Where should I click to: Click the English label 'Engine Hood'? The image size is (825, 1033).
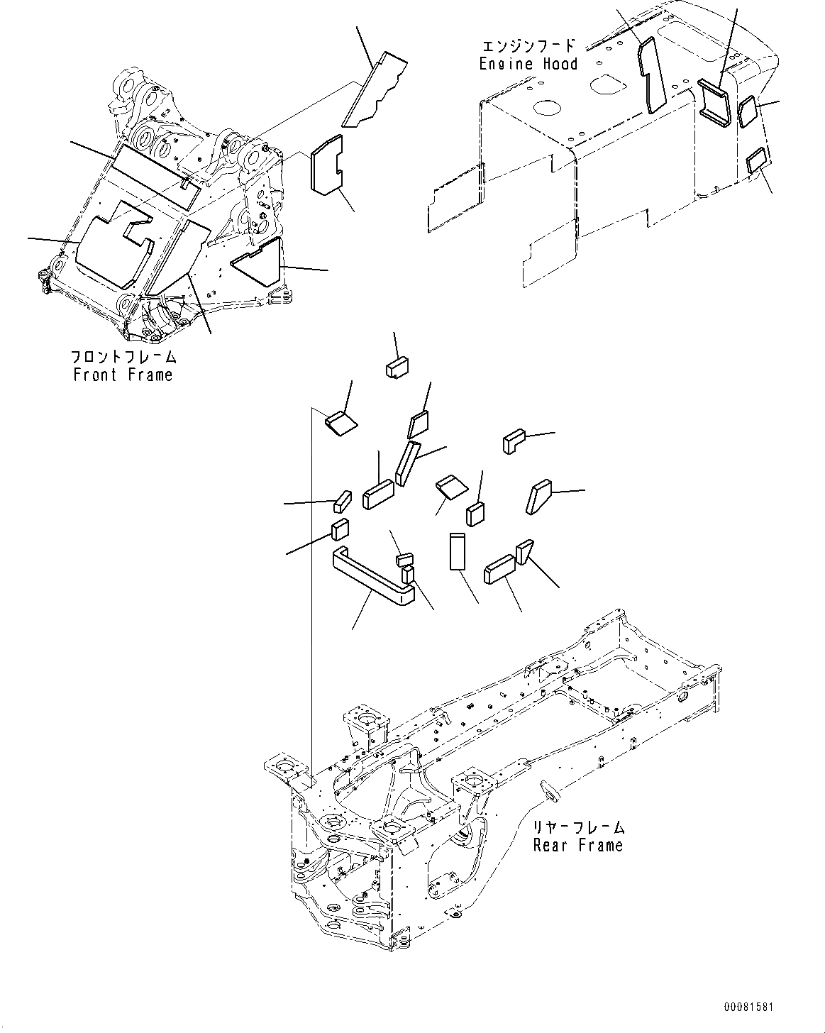tap(528, 64)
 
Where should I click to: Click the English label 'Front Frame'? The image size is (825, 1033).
tap(123, 375)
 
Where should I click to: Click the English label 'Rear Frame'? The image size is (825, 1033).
tap(578, 845)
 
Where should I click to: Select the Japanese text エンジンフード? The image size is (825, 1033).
tap(529, 46)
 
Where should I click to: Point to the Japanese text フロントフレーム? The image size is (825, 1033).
tap(123, 357)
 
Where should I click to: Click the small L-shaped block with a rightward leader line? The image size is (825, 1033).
tap(513, 441)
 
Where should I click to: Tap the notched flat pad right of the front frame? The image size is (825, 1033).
tap(325, 165)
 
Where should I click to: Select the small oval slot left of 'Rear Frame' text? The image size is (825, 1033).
tap(548, 788)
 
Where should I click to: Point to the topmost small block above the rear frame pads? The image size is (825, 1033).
tap(398, 367)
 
